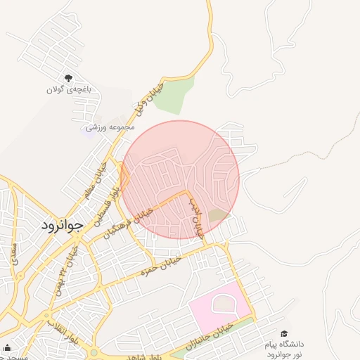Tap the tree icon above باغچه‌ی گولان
(68, 78)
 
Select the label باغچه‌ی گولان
(65, 89)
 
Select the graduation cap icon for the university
(284, 333)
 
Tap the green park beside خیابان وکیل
(173, 96)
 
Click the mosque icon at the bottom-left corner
(7, 347)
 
